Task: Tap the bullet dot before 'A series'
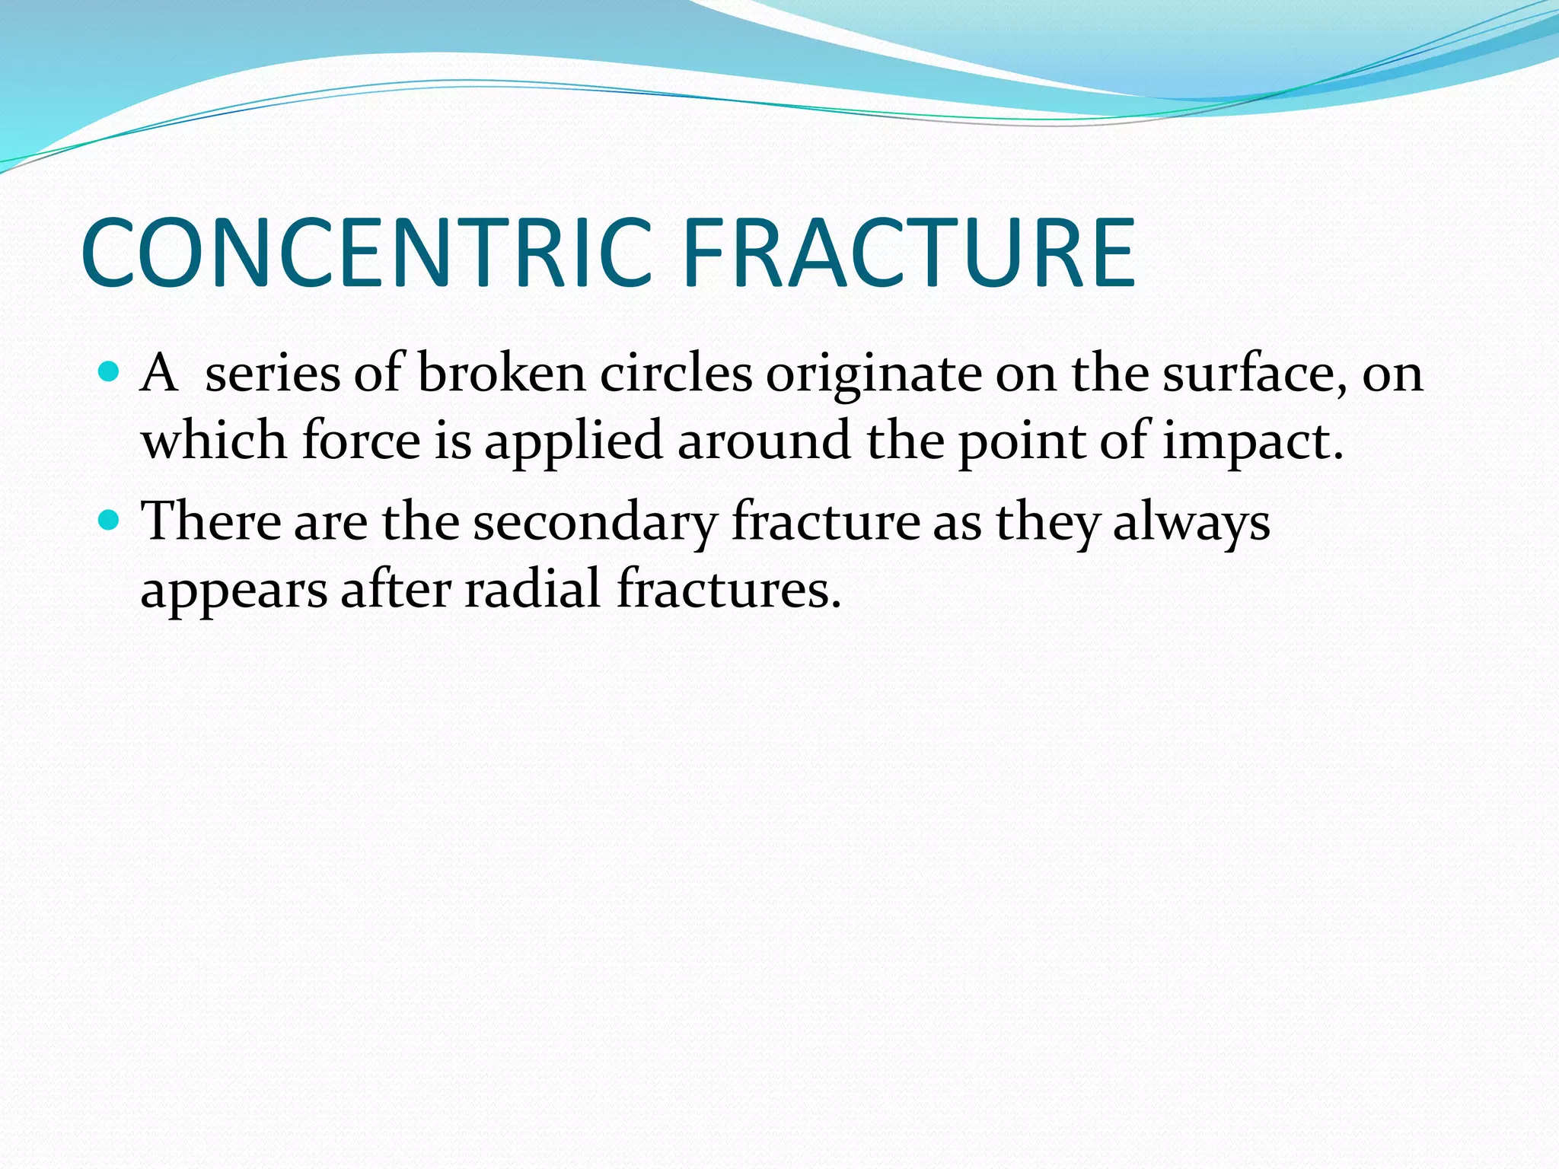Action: click(x=110, y=372)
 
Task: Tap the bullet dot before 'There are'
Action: click(x=110, y=521)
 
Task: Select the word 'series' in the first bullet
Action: click(x=272, y=374)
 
